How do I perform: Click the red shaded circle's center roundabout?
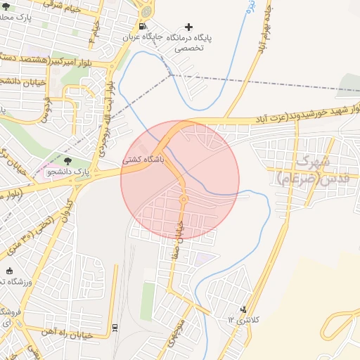(184, 199)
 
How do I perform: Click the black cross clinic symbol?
(188, 27)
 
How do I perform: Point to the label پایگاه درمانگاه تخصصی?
(199, 40)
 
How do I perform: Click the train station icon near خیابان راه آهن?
(115, 327)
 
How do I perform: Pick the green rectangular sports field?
(148, 300)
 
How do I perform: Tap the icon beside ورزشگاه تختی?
(10, 271)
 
